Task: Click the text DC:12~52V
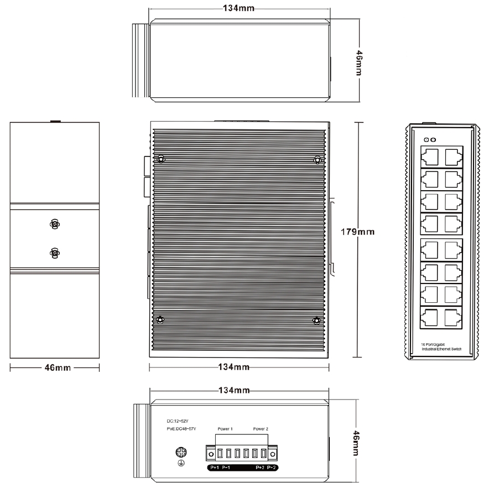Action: click(177, 421)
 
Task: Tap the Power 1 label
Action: click(225, 429)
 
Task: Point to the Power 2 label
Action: click(261, 429)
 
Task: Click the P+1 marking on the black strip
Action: click(215, 468)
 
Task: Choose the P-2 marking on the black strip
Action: click(271, 468)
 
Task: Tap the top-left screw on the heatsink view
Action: click(160, 160)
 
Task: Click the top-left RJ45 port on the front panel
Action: click(429, 156)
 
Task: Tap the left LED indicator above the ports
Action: click(425, 140)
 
